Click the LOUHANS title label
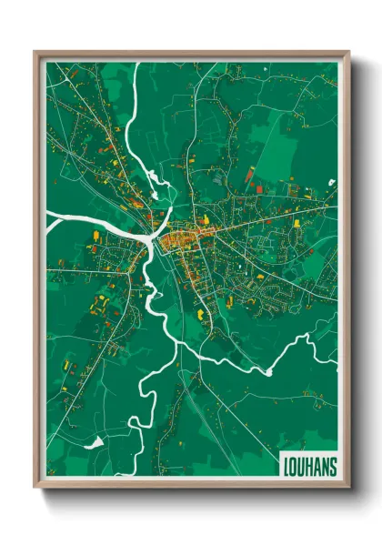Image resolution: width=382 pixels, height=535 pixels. (309, 467)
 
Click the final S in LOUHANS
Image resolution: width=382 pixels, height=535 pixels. (332, 467)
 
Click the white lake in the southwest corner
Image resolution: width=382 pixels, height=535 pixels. (93, 443)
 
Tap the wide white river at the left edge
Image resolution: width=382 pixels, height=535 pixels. (56, 218)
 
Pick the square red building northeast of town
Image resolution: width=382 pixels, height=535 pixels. (251, 173)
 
